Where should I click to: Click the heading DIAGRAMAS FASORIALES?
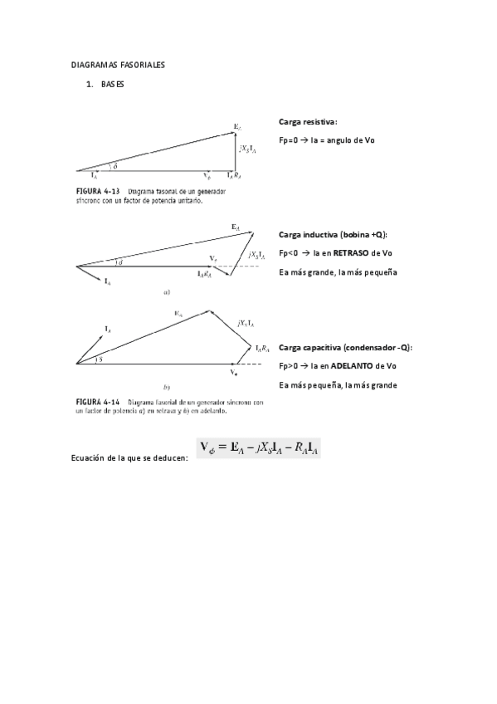117,64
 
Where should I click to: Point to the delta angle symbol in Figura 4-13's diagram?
115,166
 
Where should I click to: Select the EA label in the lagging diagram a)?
236,225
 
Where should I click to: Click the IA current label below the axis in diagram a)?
107,283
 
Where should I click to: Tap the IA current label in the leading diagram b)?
109,329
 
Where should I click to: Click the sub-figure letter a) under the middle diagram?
167,291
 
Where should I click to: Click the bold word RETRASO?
351,253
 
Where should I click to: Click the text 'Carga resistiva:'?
308,121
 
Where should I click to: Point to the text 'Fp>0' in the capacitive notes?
290,366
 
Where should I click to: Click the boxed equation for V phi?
260,448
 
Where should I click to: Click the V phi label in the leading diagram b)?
235,374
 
